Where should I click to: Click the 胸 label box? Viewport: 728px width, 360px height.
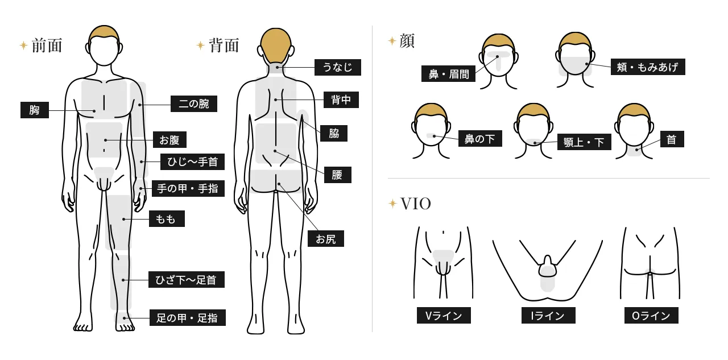[x=35, y=110]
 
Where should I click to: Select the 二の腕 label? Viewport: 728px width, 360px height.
[x=194, y=104]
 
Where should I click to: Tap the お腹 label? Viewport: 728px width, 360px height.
[x=169, y=140]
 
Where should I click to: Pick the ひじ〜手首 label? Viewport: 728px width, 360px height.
[x=192, y=162]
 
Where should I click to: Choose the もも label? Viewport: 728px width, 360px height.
[x=166, y=219]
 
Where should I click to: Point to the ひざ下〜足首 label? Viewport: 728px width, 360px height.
[x=187, y=280]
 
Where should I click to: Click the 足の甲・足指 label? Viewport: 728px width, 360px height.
[x=187, y=318]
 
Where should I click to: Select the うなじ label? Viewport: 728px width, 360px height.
[x=337, y=68]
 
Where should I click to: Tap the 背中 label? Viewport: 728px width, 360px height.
[x=341, y=100]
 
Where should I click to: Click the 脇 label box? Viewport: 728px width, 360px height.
[x=334, y=134]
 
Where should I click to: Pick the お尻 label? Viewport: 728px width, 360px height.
[x=326, y=239]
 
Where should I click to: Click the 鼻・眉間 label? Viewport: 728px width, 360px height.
[x=448, y=74]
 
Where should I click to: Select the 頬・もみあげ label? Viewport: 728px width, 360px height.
[x=647, y=67]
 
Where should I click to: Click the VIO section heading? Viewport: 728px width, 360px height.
[x=415, y=204]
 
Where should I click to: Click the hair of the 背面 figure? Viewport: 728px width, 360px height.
[x=276, y=44]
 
